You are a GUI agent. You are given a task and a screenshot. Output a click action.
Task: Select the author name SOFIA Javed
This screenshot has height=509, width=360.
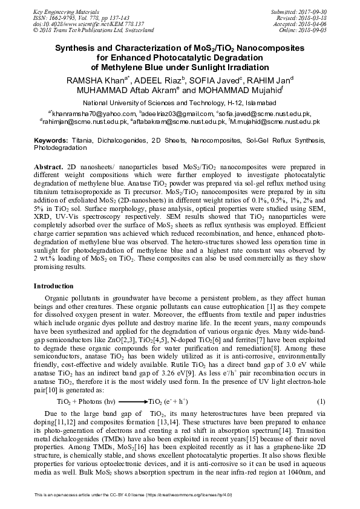tap(219, 80)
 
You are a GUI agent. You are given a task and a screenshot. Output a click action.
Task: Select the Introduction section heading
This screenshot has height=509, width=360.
tap(53, 285)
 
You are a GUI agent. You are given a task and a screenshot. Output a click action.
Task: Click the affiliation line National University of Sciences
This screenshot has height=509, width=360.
tap(179, 103)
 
